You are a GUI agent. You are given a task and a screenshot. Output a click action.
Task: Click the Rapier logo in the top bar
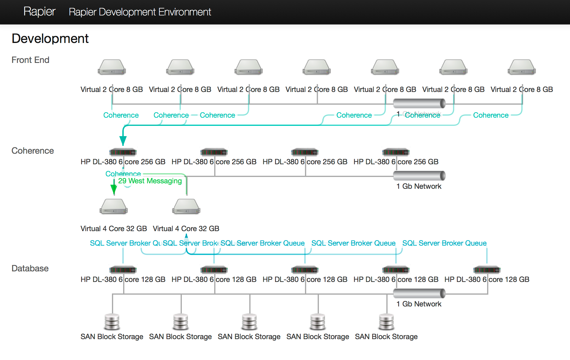tap(39, 11)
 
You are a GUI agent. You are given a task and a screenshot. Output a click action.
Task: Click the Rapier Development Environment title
tap(140, 12)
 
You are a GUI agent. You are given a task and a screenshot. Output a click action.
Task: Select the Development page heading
tap(50, 39)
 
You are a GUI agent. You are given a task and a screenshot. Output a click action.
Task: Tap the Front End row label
tap(30, 60)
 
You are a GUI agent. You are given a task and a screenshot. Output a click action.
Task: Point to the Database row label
tap(30, 268)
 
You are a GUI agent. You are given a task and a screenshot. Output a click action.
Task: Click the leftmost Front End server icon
tap(112, 67)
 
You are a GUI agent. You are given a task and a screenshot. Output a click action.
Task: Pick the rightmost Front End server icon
tap(522, 67)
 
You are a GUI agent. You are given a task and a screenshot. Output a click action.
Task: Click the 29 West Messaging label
tap(150, 181)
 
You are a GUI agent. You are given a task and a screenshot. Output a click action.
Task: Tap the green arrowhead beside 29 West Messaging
tap(114, 189)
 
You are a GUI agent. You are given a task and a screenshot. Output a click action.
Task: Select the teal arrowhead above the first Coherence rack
tap(123, 140)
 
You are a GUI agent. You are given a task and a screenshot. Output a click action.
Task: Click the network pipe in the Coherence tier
tap(419, 175)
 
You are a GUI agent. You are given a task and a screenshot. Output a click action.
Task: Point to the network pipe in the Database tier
tap(419, 293)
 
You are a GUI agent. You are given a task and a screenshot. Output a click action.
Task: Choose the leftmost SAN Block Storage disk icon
tap(112, 322)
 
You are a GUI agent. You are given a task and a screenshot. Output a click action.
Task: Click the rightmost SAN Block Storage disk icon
tap(386, 322)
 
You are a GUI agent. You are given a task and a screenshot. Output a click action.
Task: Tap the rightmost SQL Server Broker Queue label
tap(444, 243)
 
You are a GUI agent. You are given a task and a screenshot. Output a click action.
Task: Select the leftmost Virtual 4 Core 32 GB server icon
tap(114, 207)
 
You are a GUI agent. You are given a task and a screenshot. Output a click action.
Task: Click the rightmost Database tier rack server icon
tap(487, 270)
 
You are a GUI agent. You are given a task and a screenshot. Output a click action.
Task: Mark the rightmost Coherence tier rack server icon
tap(396, 152)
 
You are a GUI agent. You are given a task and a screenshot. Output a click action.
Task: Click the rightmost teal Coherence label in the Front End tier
tap(491, 115)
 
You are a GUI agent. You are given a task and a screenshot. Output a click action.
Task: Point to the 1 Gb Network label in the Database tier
tap(419, 304)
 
